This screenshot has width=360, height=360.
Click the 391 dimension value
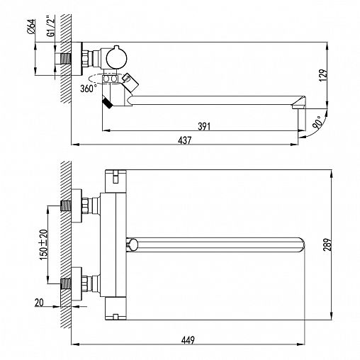click(x=204, y=126)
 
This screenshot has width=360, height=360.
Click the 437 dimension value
click(x=184, y=140)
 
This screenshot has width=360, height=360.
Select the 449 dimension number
click(x=188, y=340)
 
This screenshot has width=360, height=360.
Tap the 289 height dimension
click(x=328, y=244)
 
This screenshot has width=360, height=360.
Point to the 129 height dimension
click(x=323, y=75)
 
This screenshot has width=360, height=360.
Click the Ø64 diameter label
click(x=31, y=26)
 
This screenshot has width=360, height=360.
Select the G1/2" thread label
click(x=51, y=26)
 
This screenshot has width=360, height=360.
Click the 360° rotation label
click(x=89, y=89)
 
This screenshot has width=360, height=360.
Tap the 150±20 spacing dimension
click(x=43, y=244)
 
